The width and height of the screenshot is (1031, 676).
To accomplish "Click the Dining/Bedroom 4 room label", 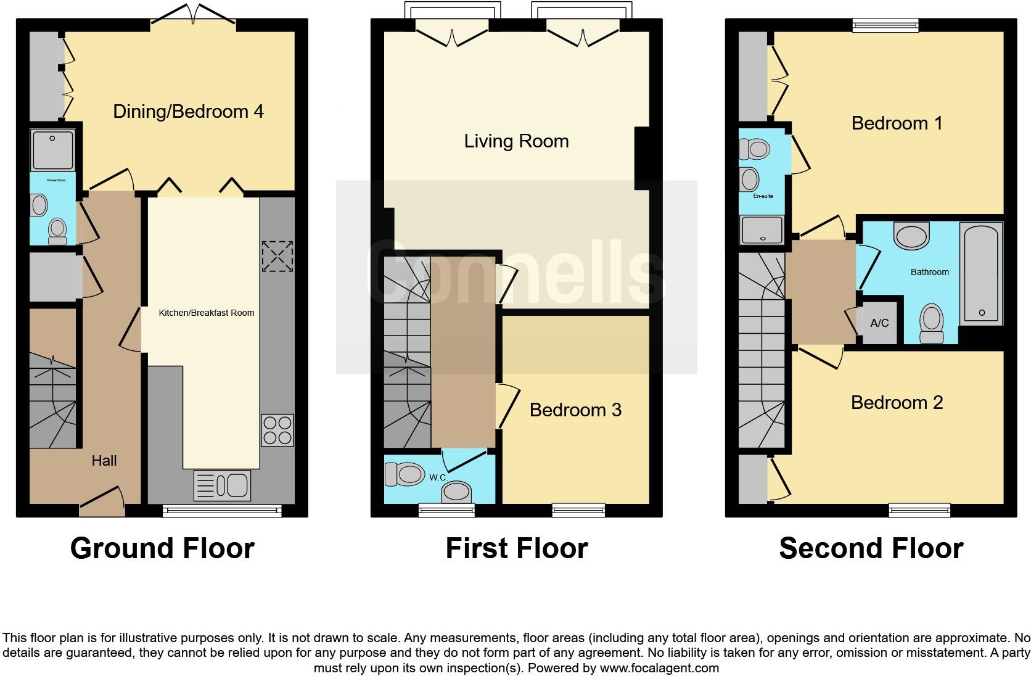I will click(188, 112).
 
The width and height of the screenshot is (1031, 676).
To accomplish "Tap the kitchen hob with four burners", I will click(277, 430).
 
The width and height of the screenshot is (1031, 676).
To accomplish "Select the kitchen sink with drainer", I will click(222, 485).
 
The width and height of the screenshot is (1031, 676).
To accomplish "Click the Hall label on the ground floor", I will click(104, 461).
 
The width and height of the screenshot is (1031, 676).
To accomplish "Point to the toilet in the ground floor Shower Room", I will click(57, 231).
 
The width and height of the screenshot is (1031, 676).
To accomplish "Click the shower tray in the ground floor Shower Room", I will click(53, 150).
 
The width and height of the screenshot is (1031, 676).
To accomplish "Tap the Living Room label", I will click(516, 141).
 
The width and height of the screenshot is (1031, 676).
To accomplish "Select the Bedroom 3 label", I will click(575, 410).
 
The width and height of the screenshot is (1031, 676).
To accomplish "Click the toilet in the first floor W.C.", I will click(403, 474).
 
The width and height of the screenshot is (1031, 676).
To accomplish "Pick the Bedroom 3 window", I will click(578, 509).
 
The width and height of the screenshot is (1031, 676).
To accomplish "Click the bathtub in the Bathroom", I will click(982, 273).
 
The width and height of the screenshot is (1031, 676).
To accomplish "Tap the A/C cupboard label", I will click(880, 323).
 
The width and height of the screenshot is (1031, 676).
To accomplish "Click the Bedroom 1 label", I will click(897, 123).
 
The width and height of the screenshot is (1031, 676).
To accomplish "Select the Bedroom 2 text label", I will click(897, 403).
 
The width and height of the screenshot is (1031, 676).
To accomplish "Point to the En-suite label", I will click(763, 196).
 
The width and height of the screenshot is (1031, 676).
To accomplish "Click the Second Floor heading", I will click(871, 548).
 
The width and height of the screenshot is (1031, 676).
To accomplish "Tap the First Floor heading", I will click(517, 548).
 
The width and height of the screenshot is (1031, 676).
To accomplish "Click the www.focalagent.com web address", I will click(659, 668).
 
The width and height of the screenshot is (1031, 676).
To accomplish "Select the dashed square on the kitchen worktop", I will click(277, 256).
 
